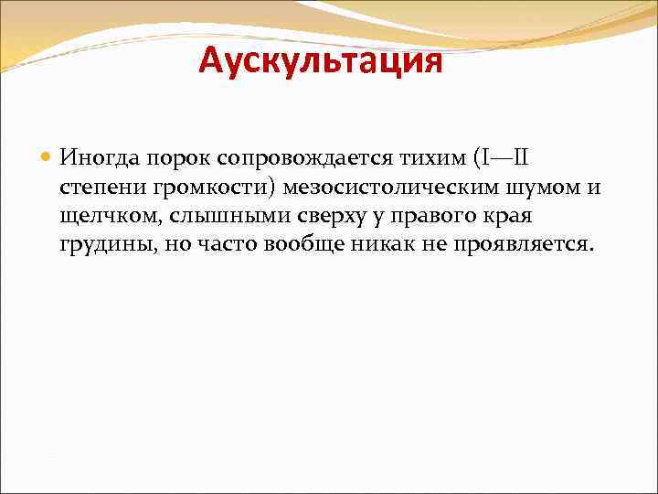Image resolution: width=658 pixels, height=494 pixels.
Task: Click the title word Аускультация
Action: (x=321, y=62)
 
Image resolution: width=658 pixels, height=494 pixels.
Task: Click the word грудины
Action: (x=101, y=245)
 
